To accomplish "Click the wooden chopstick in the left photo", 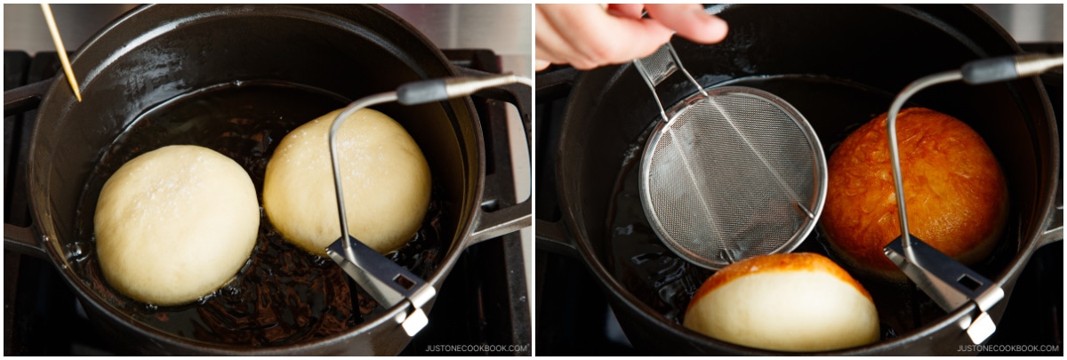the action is [x=60, y=52].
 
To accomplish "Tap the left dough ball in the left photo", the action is [x=177, y=224].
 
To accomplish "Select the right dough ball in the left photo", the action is [x=348, y=181].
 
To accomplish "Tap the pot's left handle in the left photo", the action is [x=24, y=167].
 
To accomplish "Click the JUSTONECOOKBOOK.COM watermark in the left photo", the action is [x=476, y=348].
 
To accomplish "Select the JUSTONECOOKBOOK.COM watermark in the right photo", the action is [x=1008, y=348].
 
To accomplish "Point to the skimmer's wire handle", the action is [x=667, y=76].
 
